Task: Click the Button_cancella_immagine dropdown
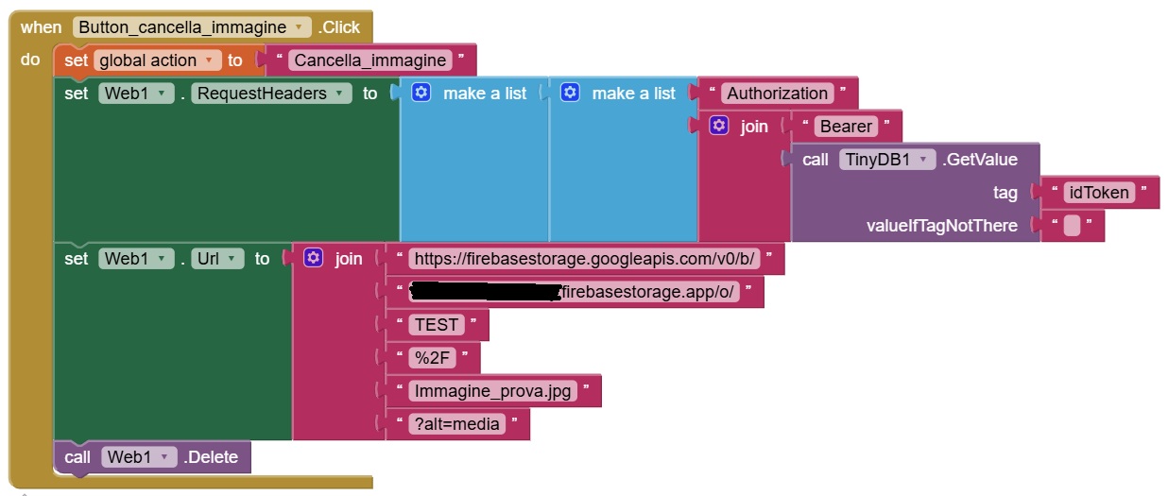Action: coord(192,27)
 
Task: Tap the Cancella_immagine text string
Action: coord(369,60)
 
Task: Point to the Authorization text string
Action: coord(777,94)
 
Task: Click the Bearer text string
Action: coord(847,127)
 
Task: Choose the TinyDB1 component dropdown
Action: coord(886,160)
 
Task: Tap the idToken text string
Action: coord(1097,193)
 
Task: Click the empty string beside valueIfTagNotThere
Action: coord(1072,226)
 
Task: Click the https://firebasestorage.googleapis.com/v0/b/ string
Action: coord(585,259)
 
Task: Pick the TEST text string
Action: coord(436,325)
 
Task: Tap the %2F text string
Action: coord(432,358)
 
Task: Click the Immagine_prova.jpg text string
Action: coord(492,391)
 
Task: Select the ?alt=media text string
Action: coord(456,424)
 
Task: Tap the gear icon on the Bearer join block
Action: coord(719,126)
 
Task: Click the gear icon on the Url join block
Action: coord(314,258)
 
